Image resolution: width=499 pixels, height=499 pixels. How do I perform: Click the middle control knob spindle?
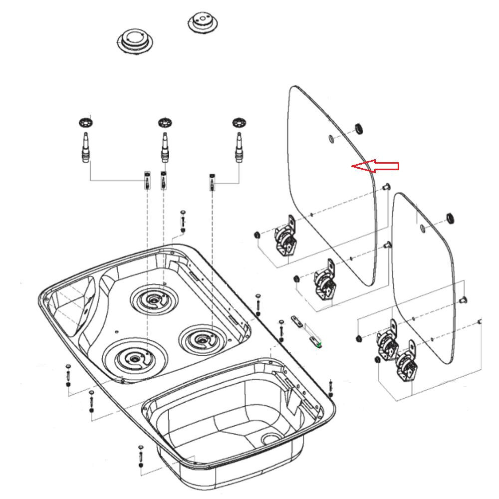coord(164,147)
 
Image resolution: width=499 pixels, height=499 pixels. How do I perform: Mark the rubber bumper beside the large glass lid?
coord(358,129)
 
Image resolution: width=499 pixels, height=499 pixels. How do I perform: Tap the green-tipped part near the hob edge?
coord(318,343)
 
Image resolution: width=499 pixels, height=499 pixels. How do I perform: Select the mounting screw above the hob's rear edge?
coord(183,220)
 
